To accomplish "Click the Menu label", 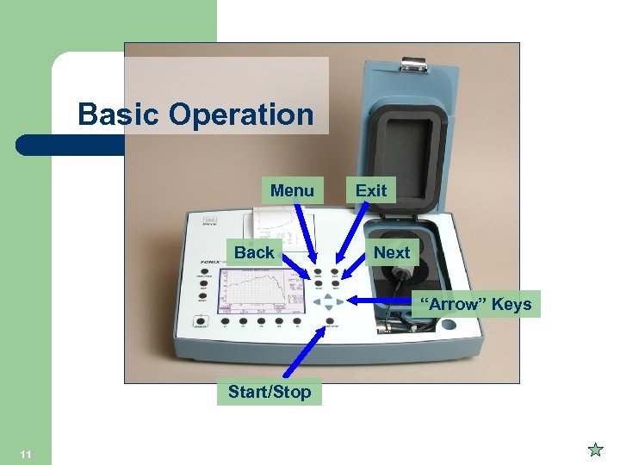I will pyautogui.click(x=292, y=189).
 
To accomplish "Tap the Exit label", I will pyautogui.click(x=371, y=190).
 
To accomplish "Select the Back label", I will pyautogui.click(x=254, y=252).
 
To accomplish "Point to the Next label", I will pyautogui.click(x=392, y=252).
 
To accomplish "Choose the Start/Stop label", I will pyautogui.click(x=270, y=393).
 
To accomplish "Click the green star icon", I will pyautogui.click(x=594, y=449).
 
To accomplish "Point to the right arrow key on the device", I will pyautogui.click(x=340, y=301).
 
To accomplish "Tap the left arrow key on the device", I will pyautogui.click(x=316, y=301).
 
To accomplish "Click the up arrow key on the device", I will pyautogui.click(x=328, y=294).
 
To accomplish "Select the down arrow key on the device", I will pyautogui.click(x=328, y=308).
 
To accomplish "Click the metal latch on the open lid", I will pyautogui.click(x=414, y=62).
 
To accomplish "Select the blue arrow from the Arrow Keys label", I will pyautogui.click(x=387, y=301).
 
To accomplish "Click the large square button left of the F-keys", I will pyautogui.click(x=201, y=325).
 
